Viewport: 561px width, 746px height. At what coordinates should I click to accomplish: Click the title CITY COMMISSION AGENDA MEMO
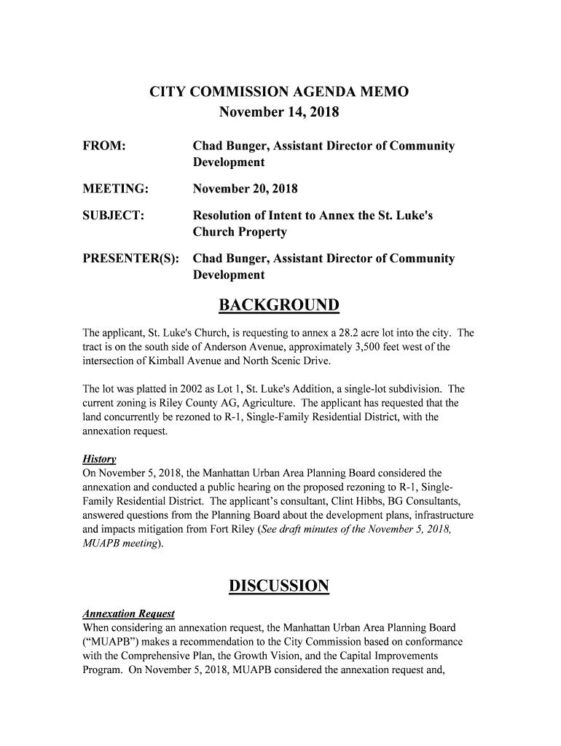[x=279, y=93]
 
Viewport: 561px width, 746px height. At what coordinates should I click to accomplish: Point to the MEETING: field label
[x=116, y=189]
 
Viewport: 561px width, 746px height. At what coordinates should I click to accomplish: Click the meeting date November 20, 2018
[x=245, y=189]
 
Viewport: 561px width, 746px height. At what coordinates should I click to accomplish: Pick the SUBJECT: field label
[x=112, y=216]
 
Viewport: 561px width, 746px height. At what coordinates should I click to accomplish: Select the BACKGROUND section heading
[x=279, y=305]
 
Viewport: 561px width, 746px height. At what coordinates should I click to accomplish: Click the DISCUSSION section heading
[x=279, y=586]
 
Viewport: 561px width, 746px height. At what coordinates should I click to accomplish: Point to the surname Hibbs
[x=364, y=502]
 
